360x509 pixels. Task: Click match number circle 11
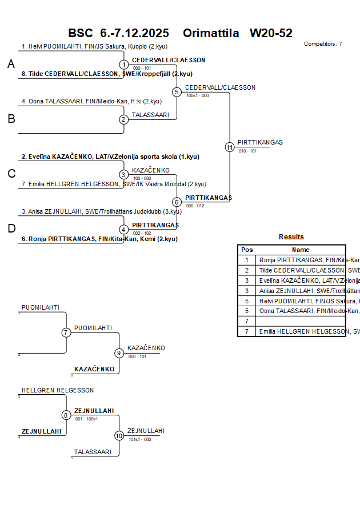(230, 147)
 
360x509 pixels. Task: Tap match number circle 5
(177, 92)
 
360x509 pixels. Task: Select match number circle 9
(119, 353)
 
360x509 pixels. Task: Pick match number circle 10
(119, 435)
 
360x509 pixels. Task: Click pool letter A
(11, 65)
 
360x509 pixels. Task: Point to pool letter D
(11, 229)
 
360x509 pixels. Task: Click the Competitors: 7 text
(323, 44)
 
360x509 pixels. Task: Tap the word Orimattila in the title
(211, 33)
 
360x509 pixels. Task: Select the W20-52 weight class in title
(271, 33)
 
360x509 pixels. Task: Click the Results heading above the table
(291, 237)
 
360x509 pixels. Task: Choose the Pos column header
(247, 250)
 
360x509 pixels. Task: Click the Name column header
(301, 250)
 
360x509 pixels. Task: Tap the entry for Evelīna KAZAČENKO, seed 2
(110, 156)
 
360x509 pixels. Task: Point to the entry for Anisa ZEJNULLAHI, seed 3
(101, 211)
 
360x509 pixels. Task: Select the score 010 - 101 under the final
(247, 151)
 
